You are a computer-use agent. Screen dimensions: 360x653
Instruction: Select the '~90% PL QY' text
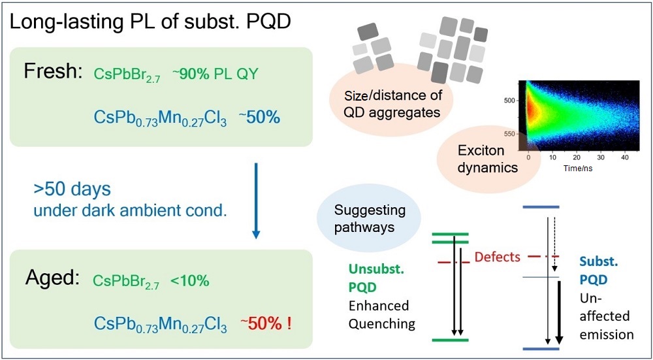(x=215, y=74)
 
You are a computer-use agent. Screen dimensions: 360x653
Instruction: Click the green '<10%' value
(x=189, y=282)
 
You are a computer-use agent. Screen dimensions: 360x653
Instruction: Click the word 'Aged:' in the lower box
(x=53, y=280)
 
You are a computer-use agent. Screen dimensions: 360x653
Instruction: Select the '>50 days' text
(x=72, y=189)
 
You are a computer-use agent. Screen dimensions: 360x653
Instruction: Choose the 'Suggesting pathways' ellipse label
(x=370, y=219)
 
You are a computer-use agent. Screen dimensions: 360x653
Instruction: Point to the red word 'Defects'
(x=498, y=257)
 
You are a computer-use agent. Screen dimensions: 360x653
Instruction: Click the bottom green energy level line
(x=451, y=340)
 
